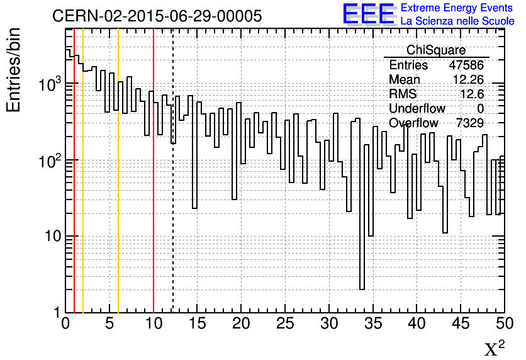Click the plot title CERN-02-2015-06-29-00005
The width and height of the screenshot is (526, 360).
[157, 16]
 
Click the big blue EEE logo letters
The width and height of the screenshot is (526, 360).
[368, 14]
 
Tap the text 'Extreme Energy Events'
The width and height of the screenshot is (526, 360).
[457, 8]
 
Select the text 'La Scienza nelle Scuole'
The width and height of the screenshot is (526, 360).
[457, 21]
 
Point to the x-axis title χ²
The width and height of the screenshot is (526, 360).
[495, 349]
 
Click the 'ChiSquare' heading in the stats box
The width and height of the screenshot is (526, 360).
[435, 50]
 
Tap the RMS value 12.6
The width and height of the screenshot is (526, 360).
[472, 94]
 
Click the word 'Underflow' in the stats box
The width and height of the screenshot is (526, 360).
[417, 109]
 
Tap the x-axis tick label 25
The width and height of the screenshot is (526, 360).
[285, 324]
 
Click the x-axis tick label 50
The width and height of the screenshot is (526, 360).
[503, 324]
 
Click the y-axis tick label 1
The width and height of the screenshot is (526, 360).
[56, 313]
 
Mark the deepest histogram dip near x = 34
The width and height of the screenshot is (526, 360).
[362, 289]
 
